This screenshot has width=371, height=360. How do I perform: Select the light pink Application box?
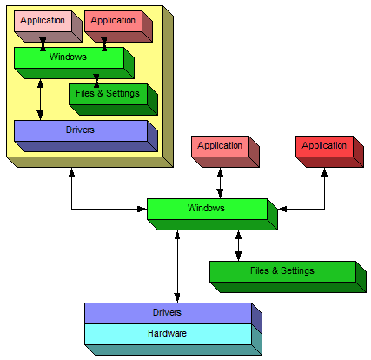tap(48, 26)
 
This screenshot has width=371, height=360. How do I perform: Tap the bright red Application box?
tap(329, 151)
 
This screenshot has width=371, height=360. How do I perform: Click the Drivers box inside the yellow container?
tap(86, 136)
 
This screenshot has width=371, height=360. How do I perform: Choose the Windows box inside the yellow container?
tap(74, 63)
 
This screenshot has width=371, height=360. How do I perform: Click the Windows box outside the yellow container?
tap(212, 214)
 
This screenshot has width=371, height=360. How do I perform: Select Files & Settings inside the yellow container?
tap(113, 99)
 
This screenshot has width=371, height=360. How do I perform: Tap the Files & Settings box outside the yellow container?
tap(288, 277)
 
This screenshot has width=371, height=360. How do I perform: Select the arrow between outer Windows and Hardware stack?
tap(177, 267)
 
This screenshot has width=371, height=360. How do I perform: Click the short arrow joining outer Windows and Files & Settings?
tap(238, 246)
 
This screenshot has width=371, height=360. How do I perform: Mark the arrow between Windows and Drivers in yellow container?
tap(40, 100)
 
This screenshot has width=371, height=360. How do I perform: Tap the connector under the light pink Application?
tap(43, 44)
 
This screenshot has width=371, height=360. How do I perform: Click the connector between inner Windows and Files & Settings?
tap(96, 81)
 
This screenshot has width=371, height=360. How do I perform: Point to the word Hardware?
tap(167, 333)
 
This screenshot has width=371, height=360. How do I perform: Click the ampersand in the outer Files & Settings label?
tap(275, 270)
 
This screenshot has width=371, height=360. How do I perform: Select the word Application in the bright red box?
tap(324, 145)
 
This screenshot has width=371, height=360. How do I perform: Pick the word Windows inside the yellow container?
tap(68, 57)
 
